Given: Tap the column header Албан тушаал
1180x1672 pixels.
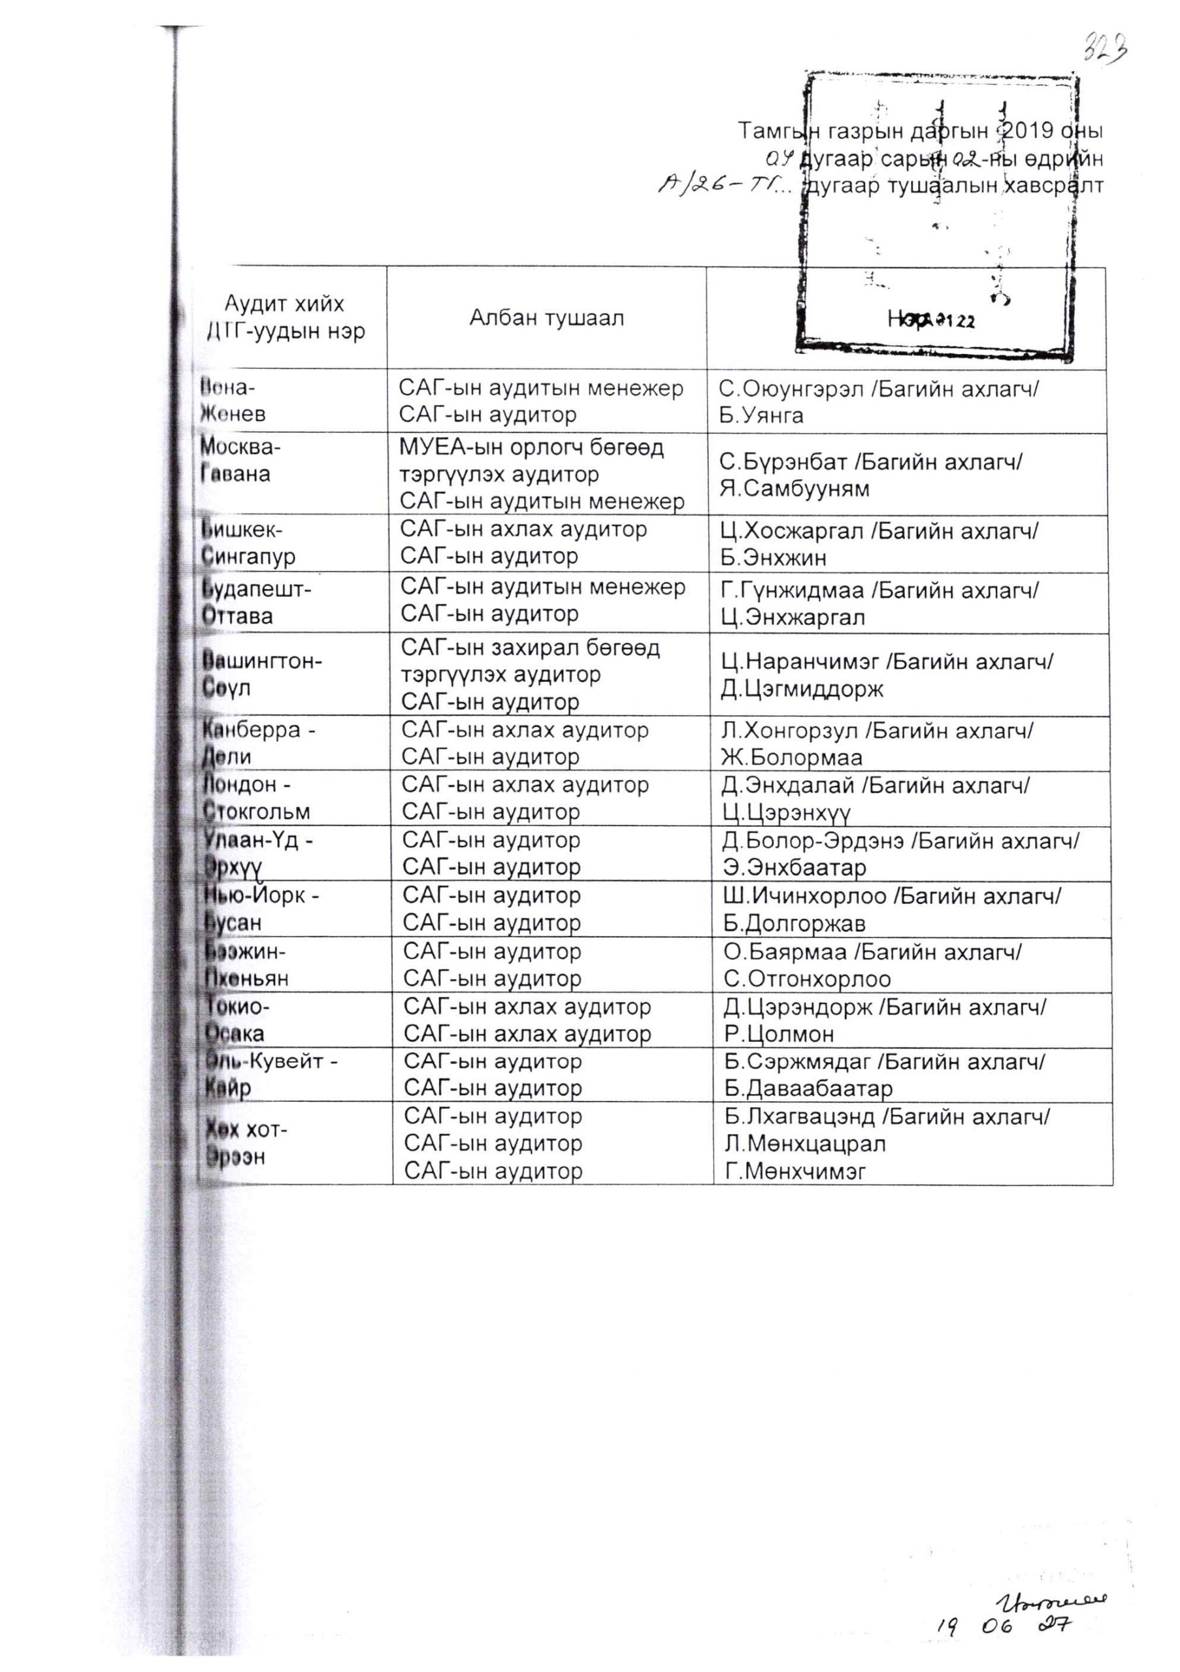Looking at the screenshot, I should click(546, 318).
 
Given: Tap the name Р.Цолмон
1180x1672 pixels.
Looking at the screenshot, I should click(779, 1033).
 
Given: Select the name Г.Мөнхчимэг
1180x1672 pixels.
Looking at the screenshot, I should click(795, 1171).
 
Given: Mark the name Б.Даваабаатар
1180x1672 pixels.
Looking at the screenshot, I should click(808, 1089).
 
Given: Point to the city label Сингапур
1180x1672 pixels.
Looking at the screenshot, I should click(248, 557).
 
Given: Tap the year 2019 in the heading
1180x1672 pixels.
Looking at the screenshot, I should click(1027, 131).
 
